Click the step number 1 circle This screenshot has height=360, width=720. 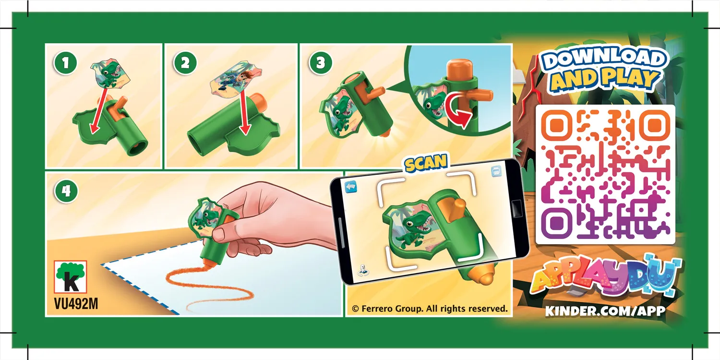(x=66, y=63)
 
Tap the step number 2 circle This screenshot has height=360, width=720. (x=185, y=63)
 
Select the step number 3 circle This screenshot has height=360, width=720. (x=321, y=63)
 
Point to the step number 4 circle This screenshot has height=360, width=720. (x=66, y=191)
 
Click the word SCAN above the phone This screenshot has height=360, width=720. (x=426, y=163)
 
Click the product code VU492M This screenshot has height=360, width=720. (x=76, y=304)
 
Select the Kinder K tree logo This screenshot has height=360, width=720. (x=71, y=277)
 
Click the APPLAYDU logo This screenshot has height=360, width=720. (x=606, y=277)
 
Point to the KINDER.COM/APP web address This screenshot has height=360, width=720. (x=605, y=311)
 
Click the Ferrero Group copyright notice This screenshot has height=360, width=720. (x=430, y=309)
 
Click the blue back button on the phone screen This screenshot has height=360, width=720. (x=351, y=186)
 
